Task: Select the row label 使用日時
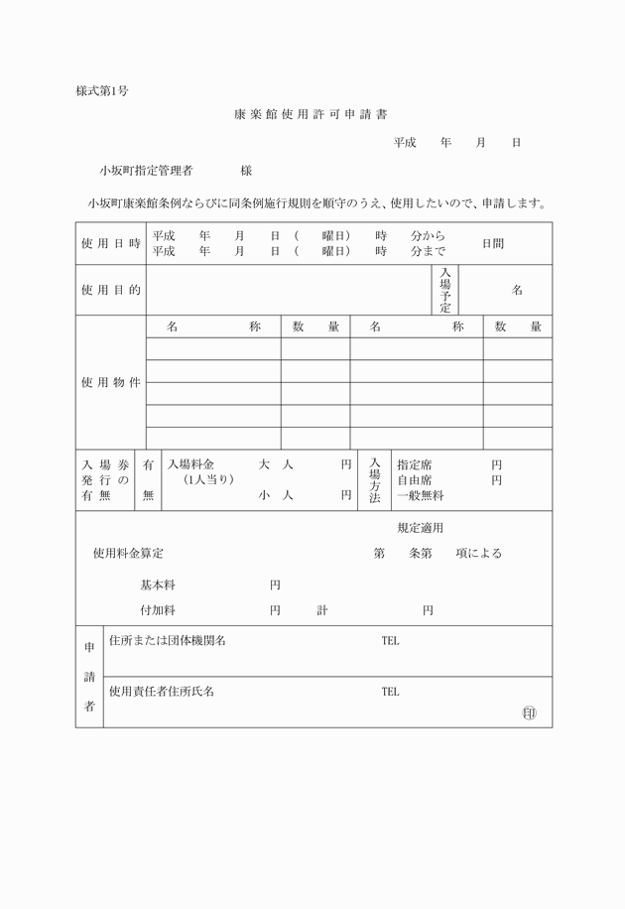110,244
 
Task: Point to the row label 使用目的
110,290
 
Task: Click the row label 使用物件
110,383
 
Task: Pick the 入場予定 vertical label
445,290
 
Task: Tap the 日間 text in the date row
493,244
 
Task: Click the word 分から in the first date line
428,237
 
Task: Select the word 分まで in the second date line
428,252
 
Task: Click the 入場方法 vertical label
374,479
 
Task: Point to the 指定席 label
414,464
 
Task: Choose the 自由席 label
414,479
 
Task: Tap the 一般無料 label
421,495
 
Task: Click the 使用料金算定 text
128,553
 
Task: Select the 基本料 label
158,585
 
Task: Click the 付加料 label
158,610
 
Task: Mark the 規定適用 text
420,528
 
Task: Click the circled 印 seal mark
528,713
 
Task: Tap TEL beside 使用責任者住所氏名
390,692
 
